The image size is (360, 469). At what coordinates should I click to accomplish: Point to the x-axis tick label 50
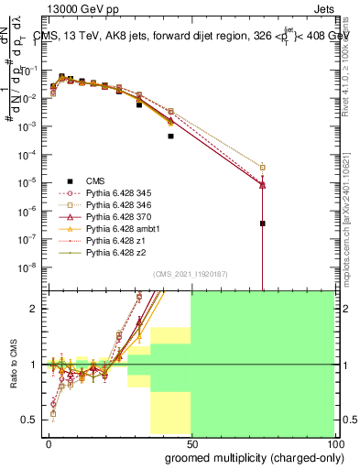click(x=191, y=442)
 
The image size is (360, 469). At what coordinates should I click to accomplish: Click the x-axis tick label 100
click(x=332, y=442)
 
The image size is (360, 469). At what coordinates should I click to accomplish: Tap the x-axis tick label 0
click(x=49, y=442)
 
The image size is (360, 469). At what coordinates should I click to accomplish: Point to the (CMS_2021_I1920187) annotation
click(x=191, y=275)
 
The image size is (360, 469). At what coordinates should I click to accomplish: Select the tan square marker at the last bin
click(x=262, y=167)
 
